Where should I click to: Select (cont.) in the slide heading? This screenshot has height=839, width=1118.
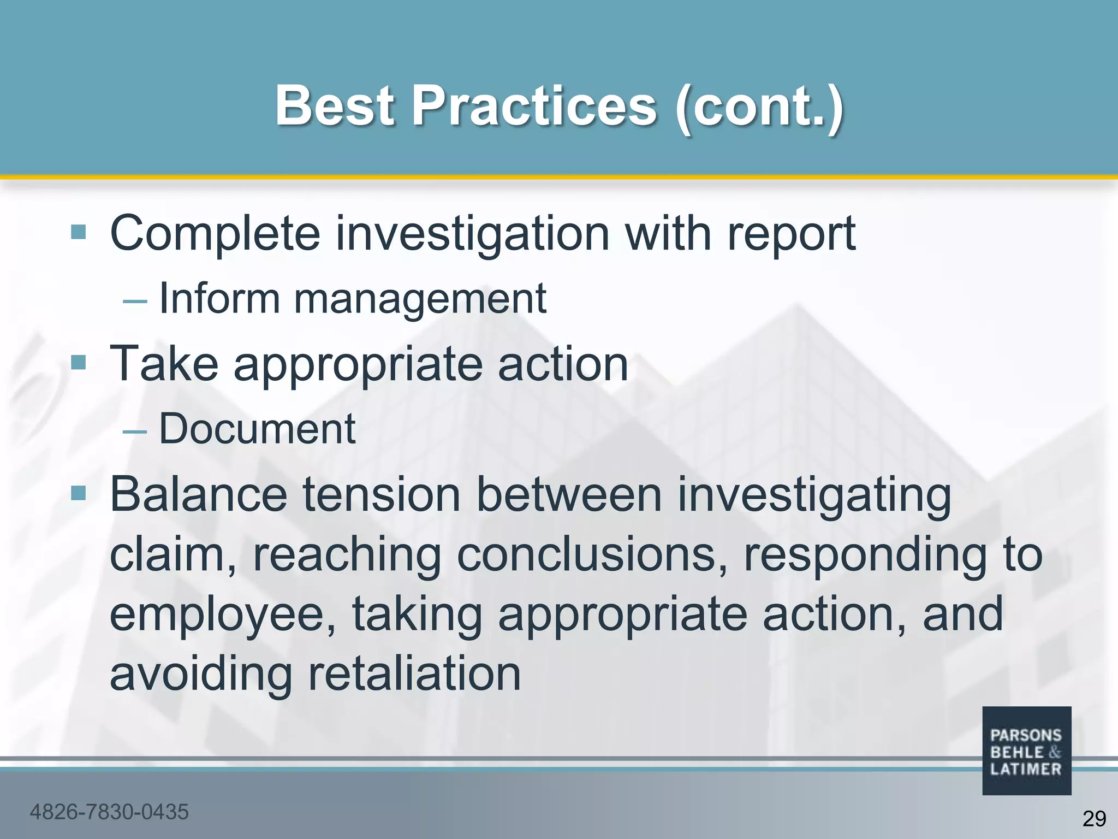[x=759, y=107]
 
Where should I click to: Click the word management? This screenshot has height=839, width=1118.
[x=420, y=299]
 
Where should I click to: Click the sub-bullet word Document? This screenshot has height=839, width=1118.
[x=257, y=429]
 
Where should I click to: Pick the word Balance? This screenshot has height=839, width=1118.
[x=199, y=494]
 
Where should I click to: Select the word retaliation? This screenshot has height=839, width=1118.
[x=414, y=674]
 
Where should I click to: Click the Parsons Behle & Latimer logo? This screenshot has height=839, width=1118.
[x=1026, y=751]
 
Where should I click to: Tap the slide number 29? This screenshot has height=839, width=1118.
[x=1093, y=819]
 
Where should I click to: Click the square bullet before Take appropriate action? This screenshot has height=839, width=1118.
[x=79, y=362]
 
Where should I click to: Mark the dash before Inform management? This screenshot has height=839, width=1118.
[x=135, y=301]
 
